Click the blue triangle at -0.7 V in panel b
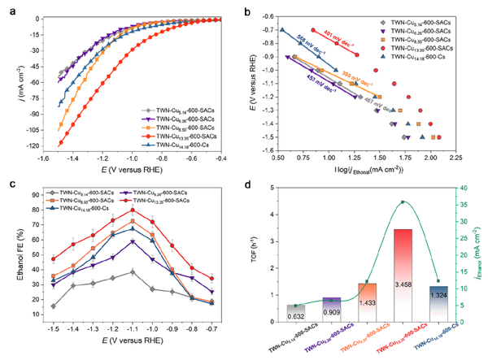point(282,30)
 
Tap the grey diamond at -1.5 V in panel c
point(53,306)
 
